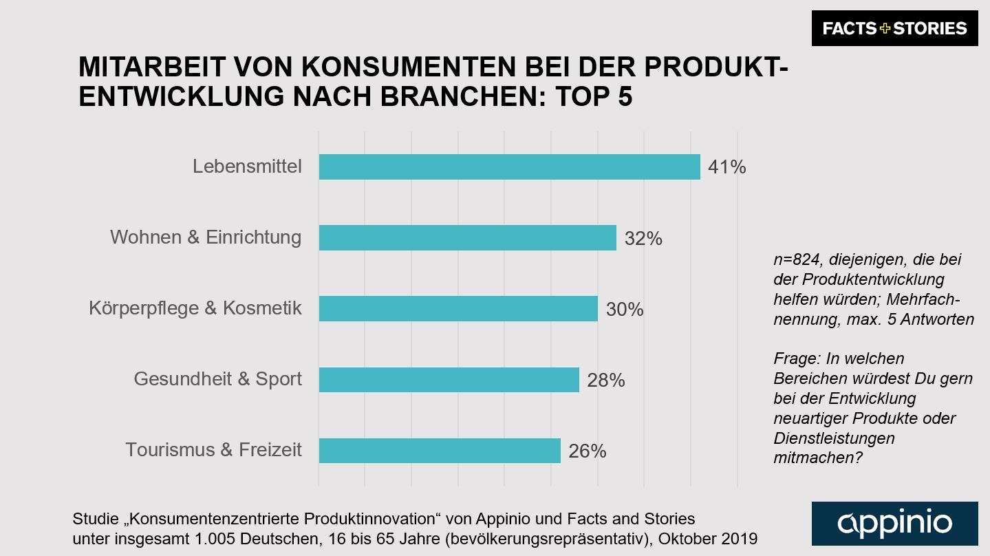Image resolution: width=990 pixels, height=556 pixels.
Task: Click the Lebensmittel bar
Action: [509, 167]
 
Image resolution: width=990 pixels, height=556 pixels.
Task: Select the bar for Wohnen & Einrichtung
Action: [467, 238]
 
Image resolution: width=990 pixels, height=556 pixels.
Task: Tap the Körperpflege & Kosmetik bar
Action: [458, 309]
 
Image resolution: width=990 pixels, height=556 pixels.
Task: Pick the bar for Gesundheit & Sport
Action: [449, 380]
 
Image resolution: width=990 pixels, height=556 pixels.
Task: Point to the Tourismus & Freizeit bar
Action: [440, 451]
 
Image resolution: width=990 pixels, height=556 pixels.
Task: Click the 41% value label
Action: [727, 167]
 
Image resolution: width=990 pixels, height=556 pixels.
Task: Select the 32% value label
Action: [643, 239]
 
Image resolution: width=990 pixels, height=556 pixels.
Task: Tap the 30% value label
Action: [625, 310]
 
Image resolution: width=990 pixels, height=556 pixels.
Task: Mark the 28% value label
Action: [605, 381]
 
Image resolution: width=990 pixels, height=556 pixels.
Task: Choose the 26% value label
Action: [587, 451]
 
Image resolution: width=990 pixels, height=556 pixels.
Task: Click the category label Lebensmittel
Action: [247, 167]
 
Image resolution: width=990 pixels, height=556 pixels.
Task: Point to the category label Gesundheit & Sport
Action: [217, 379]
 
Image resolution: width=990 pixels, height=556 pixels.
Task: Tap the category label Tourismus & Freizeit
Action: [213, 450]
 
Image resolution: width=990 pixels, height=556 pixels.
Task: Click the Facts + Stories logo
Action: [894, 28]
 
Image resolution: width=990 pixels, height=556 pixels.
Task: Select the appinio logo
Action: [894, 524]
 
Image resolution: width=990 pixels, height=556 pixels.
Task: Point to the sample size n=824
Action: [799, 260]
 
